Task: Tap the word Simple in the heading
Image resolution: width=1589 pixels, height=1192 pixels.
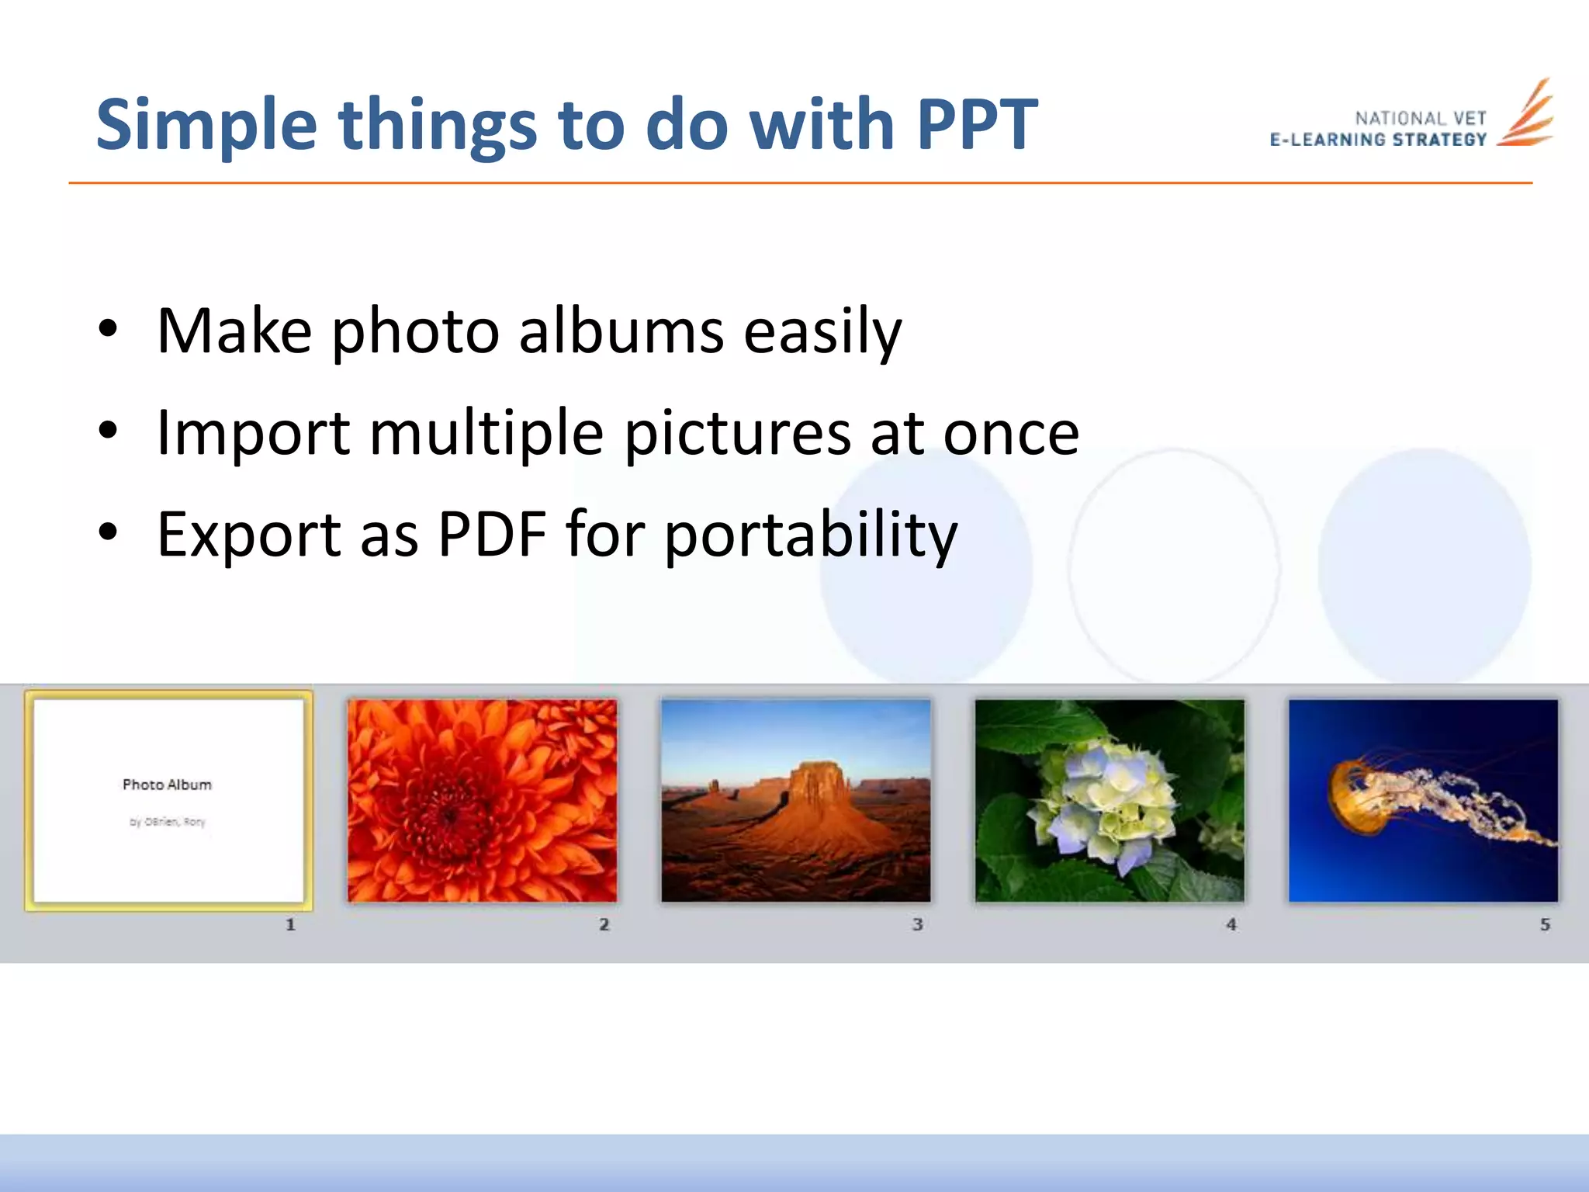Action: pos(206,126)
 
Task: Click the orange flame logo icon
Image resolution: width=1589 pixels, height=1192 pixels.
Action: pos(1525,115)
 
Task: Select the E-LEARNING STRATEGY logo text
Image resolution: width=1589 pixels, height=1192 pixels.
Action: pos(1378,140)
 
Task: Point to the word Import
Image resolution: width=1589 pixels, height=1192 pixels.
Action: pos(253,433)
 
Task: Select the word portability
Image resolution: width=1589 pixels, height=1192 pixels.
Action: pos(811,535)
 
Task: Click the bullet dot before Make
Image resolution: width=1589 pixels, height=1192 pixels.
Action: pos(108,329)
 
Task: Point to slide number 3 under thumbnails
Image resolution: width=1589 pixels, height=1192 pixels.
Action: pos(917,924)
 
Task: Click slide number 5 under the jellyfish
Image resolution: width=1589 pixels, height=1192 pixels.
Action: pos(1545,924)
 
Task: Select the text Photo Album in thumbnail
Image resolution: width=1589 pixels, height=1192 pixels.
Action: pos(167,785)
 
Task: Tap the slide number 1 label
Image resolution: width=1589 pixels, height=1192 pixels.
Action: pos(290,924)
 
